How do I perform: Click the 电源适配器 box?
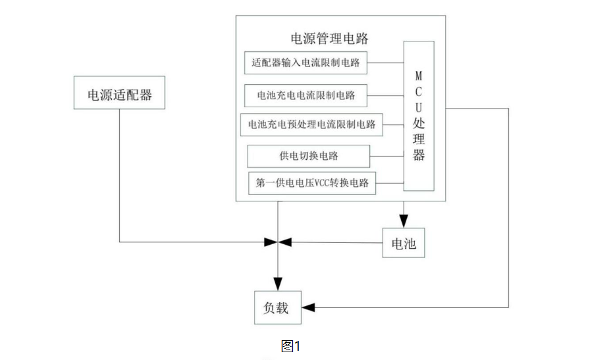tap(119, 94)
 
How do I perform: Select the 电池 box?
tap(404, 244)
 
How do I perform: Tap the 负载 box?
tap(277, 307)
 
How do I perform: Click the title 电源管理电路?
tap(329, 38)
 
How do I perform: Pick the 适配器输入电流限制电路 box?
tap(306, 64)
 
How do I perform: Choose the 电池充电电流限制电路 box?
tap(306, 95)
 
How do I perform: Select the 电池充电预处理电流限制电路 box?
tap(311, 124)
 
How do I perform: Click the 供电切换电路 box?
tap(308, 157)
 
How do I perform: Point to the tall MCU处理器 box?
tap(419, 116)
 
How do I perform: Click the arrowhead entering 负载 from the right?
tap(307, 307)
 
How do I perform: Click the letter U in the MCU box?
tap(419, 107)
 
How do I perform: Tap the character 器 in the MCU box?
tap(419, 155)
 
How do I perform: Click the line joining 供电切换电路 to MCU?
tap(386, 157)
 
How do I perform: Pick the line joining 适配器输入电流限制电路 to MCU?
tap(385, 63)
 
